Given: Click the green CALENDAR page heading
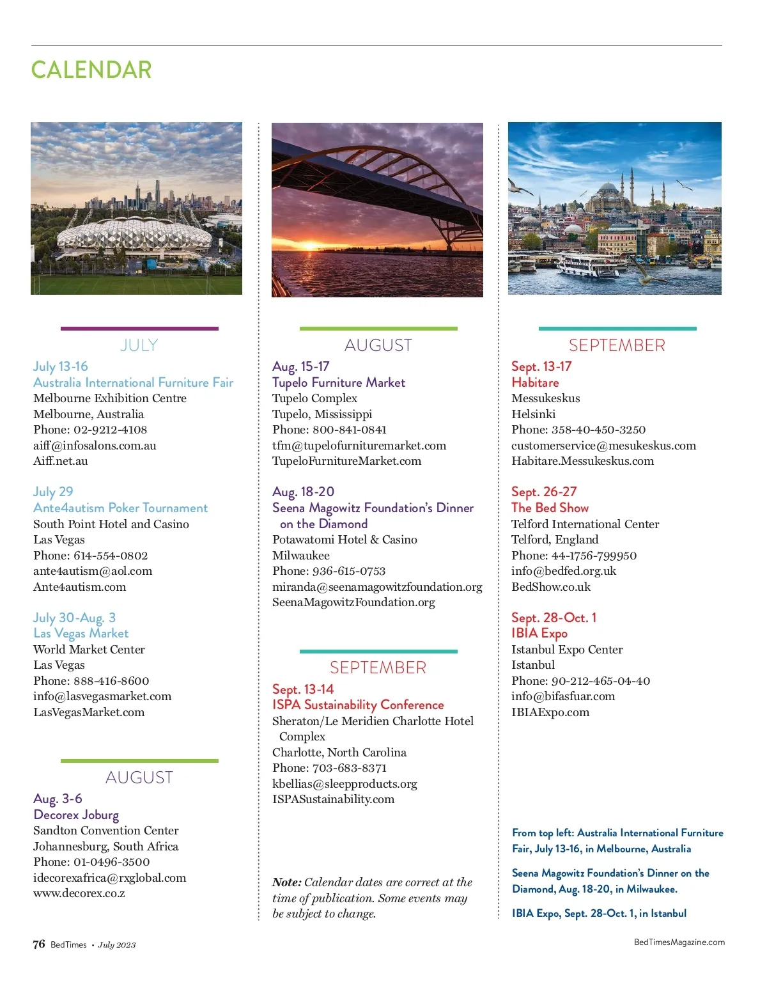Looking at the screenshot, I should (91, 70).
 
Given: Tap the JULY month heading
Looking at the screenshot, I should (139, 345).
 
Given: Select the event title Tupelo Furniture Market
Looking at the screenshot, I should (338, 382).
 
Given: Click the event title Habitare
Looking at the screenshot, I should (535, 382).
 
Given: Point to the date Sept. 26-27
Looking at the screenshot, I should (543, 492).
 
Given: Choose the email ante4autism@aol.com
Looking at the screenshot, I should (93, 571).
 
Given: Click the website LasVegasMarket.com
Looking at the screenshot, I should (89, 712).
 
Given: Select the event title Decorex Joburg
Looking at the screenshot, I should (76, 815).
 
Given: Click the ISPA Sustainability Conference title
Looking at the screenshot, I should (358, 705).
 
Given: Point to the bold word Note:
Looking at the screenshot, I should (286, 882).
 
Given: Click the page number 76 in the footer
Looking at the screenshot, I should (39, 944).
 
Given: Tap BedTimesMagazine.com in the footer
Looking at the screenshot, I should (679, 942).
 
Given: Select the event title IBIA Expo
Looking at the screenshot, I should (539, 633).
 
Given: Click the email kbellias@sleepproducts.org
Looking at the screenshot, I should (345, 784).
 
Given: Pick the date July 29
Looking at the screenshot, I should (53, 492).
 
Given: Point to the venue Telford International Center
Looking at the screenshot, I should (585, 524).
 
